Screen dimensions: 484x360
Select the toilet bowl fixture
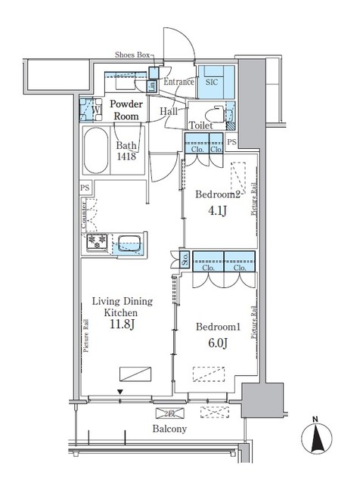point(220,113)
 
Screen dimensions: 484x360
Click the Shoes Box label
point(133,55)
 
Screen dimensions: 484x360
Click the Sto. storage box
point(185,260)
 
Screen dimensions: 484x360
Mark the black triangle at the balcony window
point(120,392)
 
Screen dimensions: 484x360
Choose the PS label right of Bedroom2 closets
point(231,142)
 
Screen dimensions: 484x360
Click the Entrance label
point(179,82)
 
